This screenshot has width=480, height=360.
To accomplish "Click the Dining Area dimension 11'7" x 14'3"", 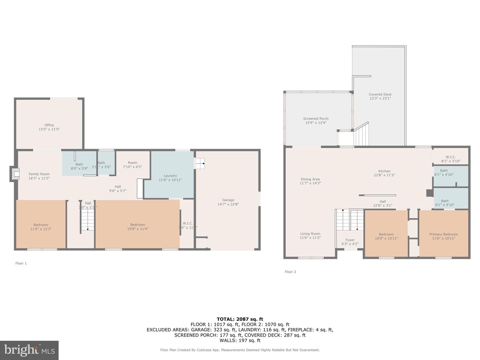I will tap(310, 183).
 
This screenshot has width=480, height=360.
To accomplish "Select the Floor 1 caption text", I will tap(21, 263).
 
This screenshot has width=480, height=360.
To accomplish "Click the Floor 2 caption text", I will tap(290, 272).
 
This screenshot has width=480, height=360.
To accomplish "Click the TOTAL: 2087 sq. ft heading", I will tap(240, 319).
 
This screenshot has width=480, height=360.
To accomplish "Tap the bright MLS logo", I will tap(29, 350).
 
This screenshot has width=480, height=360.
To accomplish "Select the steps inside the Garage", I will tap(200, 163).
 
